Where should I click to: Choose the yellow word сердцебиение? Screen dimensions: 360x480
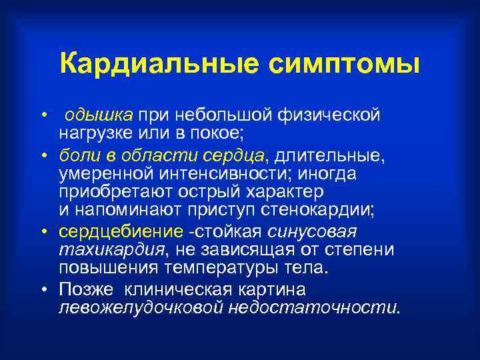tap(121, 232)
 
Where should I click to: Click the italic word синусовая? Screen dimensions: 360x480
tap(313, 232)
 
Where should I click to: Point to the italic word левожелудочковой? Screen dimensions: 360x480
tap(141, 307)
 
